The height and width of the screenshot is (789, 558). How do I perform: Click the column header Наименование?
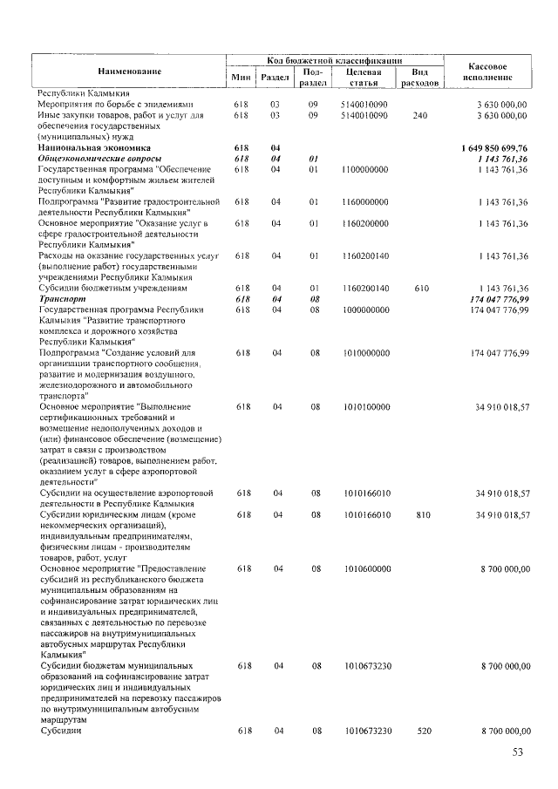coord(129,70)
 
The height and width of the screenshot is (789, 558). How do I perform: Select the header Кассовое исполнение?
coord(488,71)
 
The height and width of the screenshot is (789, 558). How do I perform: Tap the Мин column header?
coord(242,78)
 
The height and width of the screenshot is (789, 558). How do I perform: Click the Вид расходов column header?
coord(418,78)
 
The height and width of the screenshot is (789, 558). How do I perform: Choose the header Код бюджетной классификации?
coord(335,60)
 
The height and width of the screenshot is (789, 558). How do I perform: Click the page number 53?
coord(520,752)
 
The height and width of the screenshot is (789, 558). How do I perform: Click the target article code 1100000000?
coord(365,168)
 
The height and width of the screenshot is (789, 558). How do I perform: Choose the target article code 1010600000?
coord(365,568)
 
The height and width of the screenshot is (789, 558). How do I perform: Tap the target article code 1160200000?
coord(365,223)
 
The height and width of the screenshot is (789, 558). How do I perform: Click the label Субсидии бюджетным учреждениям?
coord(112,288)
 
